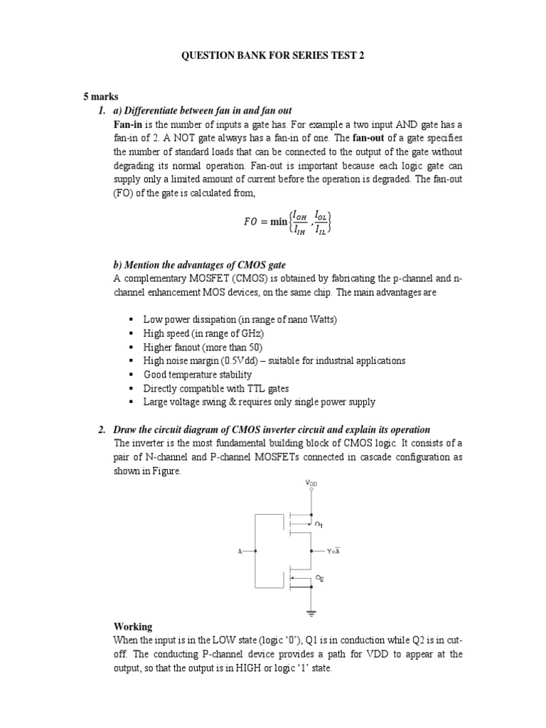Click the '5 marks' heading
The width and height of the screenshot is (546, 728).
(x=98, y=97)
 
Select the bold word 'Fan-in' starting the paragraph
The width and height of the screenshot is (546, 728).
(x=127, y=124)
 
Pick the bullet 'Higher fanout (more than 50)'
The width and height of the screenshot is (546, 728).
(x=203, y=347)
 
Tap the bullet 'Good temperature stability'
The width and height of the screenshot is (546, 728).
(x=198, y=375)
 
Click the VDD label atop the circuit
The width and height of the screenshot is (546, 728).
(x=311, y=483)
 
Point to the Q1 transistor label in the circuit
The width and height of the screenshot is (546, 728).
(x=319, y=525)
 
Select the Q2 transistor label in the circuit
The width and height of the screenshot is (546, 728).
(x=319, y=578)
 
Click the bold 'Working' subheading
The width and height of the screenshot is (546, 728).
(x=133, y=626)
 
